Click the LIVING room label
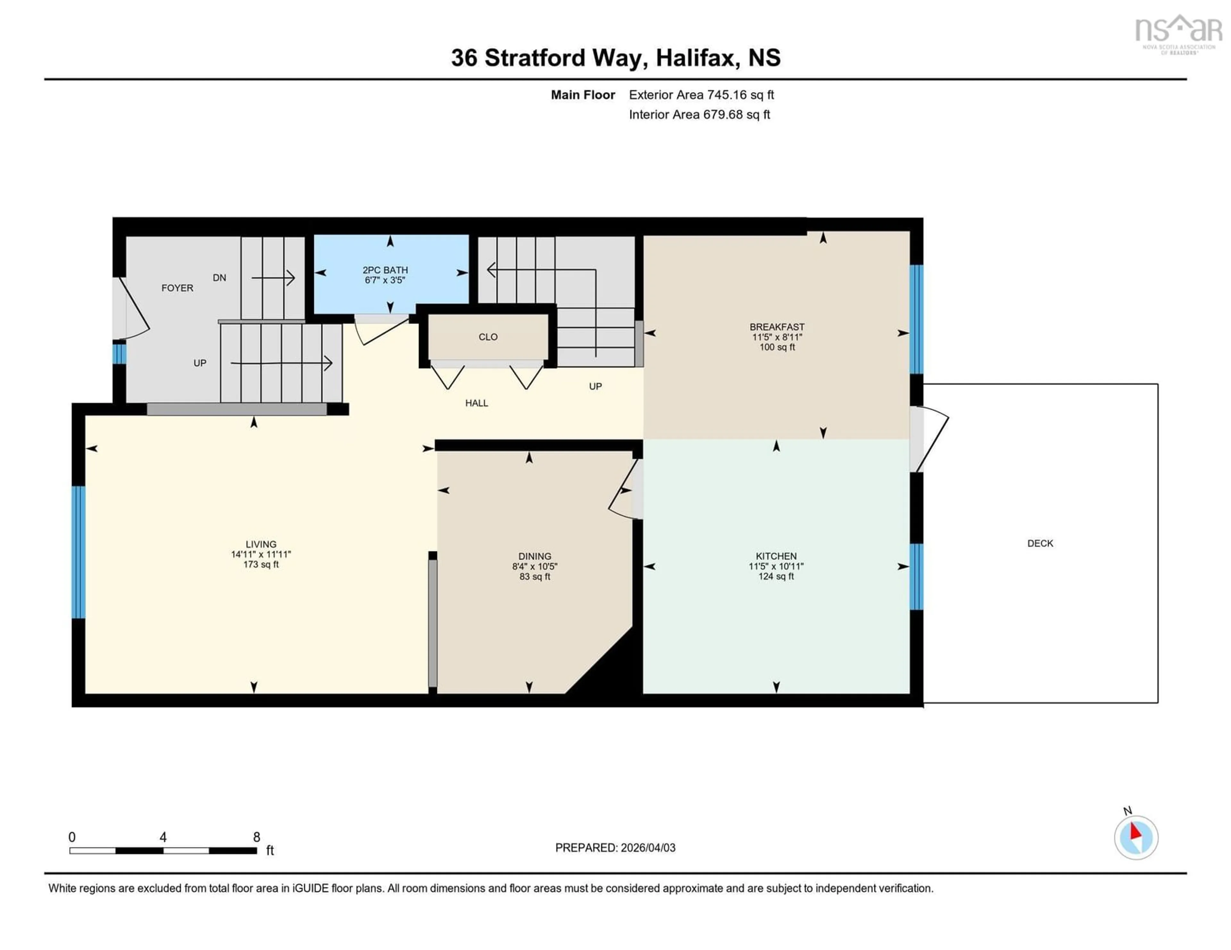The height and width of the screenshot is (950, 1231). [261, 544]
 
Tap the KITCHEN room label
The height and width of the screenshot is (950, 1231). [776, 556]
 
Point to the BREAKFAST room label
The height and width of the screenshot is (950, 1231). [777, 327]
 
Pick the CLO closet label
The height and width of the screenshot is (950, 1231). [488, 337]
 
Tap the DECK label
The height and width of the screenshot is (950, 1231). [1040, 544]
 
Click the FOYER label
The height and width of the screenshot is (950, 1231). [177, 288]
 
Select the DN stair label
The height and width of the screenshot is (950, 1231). [219, 278]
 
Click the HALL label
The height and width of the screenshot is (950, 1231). [476, 403]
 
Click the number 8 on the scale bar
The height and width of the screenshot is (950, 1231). [256, 837]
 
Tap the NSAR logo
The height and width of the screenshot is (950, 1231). [1178, 34]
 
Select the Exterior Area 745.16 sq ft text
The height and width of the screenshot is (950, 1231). [701, 94]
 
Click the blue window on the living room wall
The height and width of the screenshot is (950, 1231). [78, 552]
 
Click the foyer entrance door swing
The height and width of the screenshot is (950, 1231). [134, 310]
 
